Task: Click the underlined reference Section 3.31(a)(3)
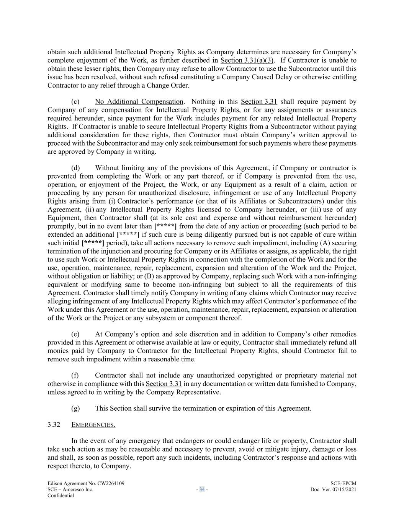[x=247, y=60]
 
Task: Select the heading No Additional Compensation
[x=139, y=102]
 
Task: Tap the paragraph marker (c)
[x=75, y=102]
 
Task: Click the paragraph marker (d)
[x=75, y=168]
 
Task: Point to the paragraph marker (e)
[x=75, y=334]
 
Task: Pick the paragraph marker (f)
[x=75, y=376]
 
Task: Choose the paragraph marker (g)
[x=75, y=408]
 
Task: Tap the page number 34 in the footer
[x=202, y=489]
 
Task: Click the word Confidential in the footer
[x=61, y=496]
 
